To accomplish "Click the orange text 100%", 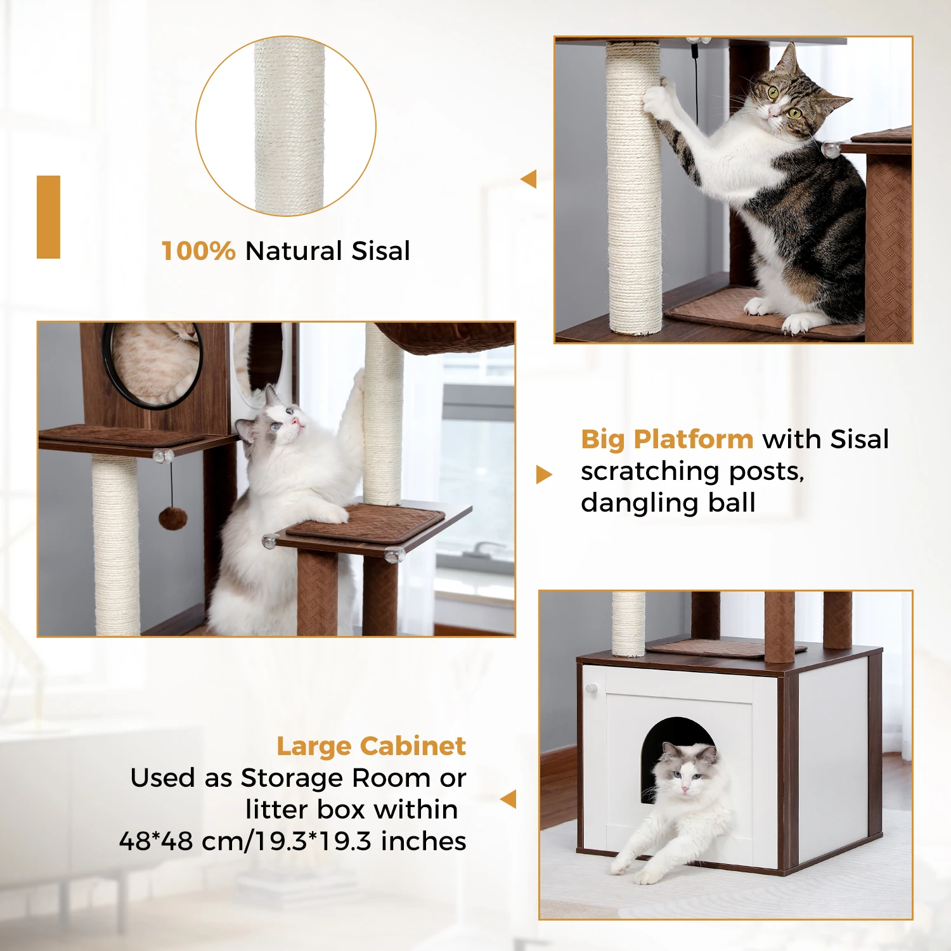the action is [198, 251].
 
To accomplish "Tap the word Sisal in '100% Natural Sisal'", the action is [381, 251].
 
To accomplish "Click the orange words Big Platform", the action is [667, 439].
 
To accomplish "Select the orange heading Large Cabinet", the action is [372, 747].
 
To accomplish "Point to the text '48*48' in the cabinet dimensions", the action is [156, 841].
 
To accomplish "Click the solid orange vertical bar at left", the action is [48, 217].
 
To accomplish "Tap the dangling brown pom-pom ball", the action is [172, 517].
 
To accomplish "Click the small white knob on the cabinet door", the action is [592, 688].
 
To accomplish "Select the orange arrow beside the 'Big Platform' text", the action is [544, 474].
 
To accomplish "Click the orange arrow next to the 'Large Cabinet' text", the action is [508, 799].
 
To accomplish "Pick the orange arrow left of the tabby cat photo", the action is [529, 179].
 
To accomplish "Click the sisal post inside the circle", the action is [289, 126].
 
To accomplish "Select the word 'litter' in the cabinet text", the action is [277, 810].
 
